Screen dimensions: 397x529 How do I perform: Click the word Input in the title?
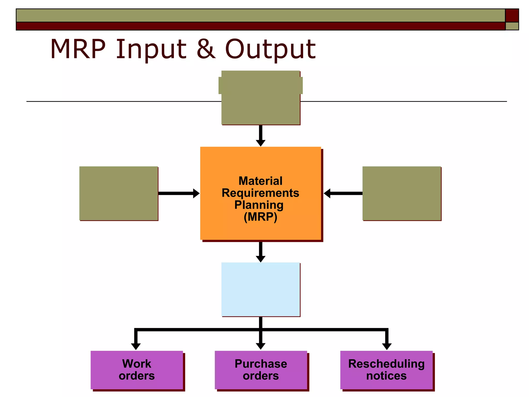(x=151, y=49)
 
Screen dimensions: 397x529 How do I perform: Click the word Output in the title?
(x=270, y=49)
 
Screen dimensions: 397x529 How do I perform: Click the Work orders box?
(x=137, y=370)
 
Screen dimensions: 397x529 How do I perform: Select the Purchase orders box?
(x=261, y=370)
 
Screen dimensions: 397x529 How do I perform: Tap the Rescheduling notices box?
(x=386, y=370)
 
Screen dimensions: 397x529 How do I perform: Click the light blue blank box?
(x=261, y=289)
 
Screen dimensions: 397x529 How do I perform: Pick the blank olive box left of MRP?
(x=119, y=193)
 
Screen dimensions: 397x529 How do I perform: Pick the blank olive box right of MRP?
(x=402, y=193)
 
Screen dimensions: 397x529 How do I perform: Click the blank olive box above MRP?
(x=261, y=98)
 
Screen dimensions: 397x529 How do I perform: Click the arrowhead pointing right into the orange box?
(x=196, y=193)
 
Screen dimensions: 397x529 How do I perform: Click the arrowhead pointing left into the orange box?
(x=327, y=193)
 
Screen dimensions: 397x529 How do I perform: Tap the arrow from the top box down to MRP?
(x=261, y=136)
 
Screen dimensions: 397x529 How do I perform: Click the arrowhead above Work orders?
(x=136, y=346)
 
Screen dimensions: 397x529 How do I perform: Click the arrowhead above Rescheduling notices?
(x=387, y=346)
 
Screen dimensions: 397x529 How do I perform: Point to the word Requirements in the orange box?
(x=260, y=193)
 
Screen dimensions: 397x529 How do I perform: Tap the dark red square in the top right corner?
(x=512, y=15)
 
